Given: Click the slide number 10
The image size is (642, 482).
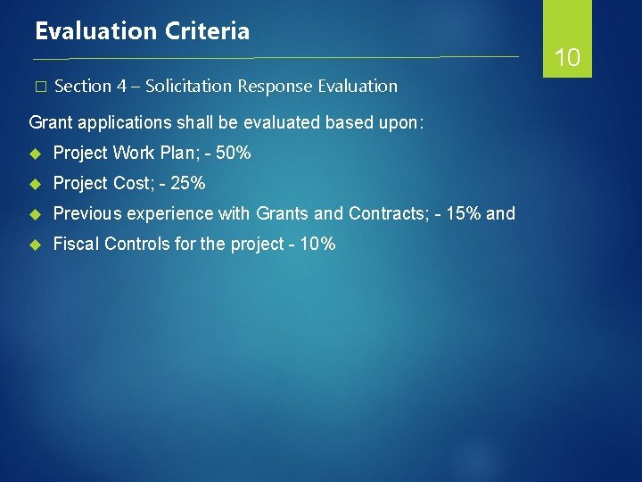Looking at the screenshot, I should pyautogui.click(x=567, y=59).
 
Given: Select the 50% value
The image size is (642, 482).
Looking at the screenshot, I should pyautogui.click(x=234, y=154).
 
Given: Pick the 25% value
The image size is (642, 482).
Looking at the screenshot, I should pyautogui.click(x=187, y=184).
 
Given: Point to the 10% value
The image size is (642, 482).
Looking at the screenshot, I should pyautogui.click(x=317, y=244).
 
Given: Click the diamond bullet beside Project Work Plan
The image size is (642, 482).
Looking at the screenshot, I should pyautogui.click(x=37, y=154).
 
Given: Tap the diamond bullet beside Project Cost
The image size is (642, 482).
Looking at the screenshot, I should pyautogui.click(x=37, y=184).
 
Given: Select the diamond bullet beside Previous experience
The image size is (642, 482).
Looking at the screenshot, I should pyautogui.click(x=37, y=214).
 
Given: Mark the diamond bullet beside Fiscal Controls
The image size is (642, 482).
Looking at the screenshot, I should pyautogui.click(x=37, y=244).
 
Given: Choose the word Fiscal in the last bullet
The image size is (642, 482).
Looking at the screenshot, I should pyautogui.click(x=76, y=244).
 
